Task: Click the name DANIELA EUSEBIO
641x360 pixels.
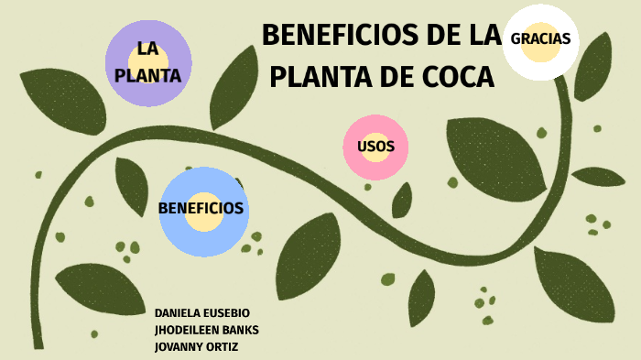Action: pos(202,313)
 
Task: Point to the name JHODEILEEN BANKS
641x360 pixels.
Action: pos(208,330)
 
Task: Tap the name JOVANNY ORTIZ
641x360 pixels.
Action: pos(197,346)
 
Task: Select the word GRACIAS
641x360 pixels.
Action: pos(540,38)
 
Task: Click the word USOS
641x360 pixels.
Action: pos(375,147)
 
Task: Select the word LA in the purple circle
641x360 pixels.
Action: pos(149,48)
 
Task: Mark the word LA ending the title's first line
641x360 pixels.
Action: pos(480,36)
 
